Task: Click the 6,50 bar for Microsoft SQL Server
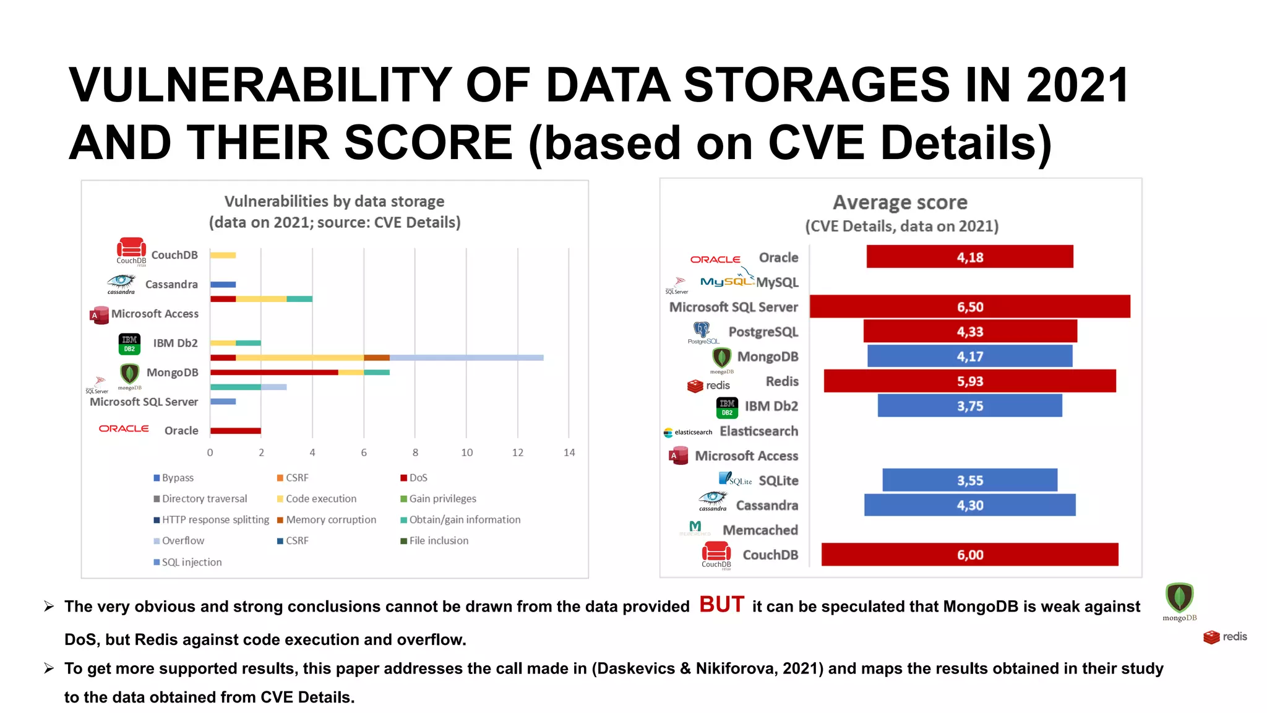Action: (x=969, y=306)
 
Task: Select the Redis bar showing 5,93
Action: (x=969, y=381)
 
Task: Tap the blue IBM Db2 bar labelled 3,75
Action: (x=969, y=406)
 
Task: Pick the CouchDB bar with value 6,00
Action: (x=969, y=555)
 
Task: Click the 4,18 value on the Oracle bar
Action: (x=969, y=257)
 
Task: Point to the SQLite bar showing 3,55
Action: (x=969, y=480)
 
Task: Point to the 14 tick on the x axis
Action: (x=569, y=452)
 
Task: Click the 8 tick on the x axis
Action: (x=415, y=452)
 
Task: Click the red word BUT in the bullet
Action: (x=721, y=605)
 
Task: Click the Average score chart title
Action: (x=900, y=202)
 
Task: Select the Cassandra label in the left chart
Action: (x=171, y=284)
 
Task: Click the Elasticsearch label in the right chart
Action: (x=758, y=431)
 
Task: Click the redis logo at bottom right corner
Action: (x=1225, y=637)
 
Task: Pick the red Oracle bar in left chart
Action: (x=235, y=431)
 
